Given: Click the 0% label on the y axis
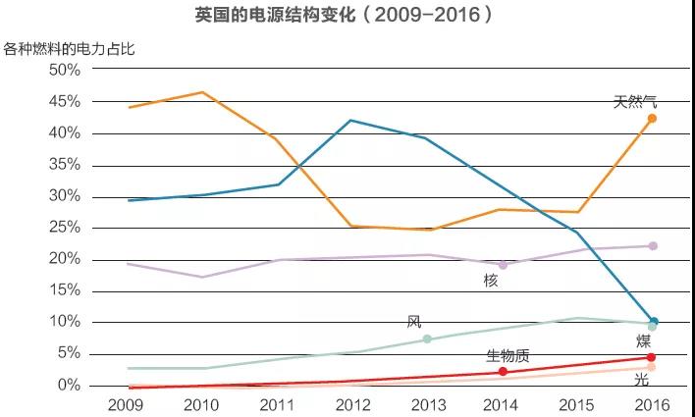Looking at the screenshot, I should click(68, 386).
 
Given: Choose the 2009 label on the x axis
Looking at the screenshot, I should click(127, 404).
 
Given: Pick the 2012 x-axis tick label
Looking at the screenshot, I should click(351, 404).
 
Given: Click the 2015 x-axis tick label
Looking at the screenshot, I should click(576, 404).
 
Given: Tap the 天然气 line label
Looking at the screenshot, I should click(635, 100).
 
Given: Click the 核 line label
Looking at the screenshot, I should click(491, 282).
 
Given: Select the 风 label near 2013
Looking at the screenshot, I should click(414, 323).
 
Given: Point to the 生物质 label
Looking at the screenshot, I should click(509, 354).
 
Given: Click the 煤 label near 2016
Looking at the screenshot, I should click(643, 341).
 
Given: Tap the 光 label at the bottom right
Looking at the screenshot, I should click(641, 381).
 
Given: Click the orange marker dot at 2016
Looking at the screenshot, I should click(652, 119).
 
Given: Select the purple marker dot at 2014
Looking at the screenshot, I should click(503, 265).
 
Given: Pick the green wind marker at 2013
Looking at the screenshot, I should click(427, 339).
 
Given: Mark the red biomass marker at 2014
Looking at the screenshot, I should click(503, 372).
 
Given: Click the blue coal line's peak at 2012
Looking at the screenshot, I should click(351, 121).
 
